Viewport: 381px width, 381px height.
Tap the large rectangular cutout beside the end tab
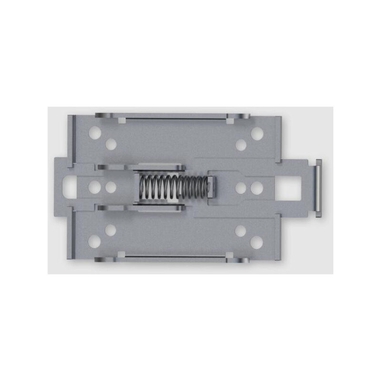coord(290,188)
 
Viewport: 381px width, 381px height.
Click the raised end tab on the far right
coord(318,188)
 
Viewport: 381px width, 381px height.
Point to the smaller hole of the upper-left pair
coord(111,144)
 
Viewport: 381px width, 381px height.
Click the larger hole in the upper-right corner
coord(257,133)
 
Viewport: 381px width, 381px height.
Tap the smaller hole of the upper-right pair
coord(241,145)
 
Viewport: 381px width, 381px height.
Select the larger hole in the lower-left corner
coord(95,241)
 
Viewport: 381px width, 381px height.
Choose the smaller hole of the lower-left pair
coord(111,231)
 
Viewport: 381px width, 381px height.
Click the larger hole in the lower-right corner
coord(257,242)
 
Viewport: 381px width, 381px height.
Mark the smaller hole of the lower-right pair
coord(241,231)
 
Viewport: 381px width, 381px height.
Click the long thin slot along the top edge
coord(174,117)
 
